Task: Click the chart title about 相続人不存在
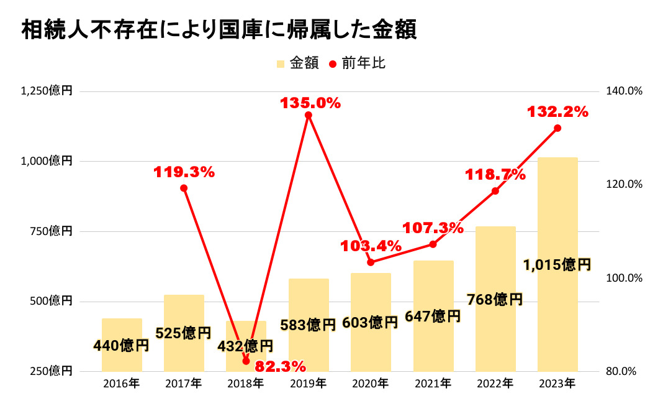[219, 29]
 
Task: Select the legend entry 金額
[297, 63]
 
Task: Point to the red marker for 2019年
[309, 115]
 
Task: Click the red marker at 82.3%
[246, 361]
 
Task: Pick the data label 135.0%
[310, 103]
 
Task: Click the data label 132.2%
[557, 112]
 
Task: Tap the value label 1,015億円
[557, 266]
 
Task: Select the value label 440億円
[121, 345]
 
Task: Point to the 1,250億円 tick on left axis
[47, 91]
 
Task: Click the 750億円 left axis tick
[51, 231]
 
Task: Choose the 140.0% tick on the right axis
[624, 91]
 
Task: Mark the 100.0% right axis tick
[624, 278]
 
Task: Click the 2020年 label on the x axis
[371, 384]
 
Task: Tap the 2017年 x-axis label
[184, 384]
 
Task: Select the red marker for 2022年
[495, 191]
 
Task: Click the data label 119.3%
[184, 173]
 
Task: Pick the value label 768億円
[495, 300]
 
